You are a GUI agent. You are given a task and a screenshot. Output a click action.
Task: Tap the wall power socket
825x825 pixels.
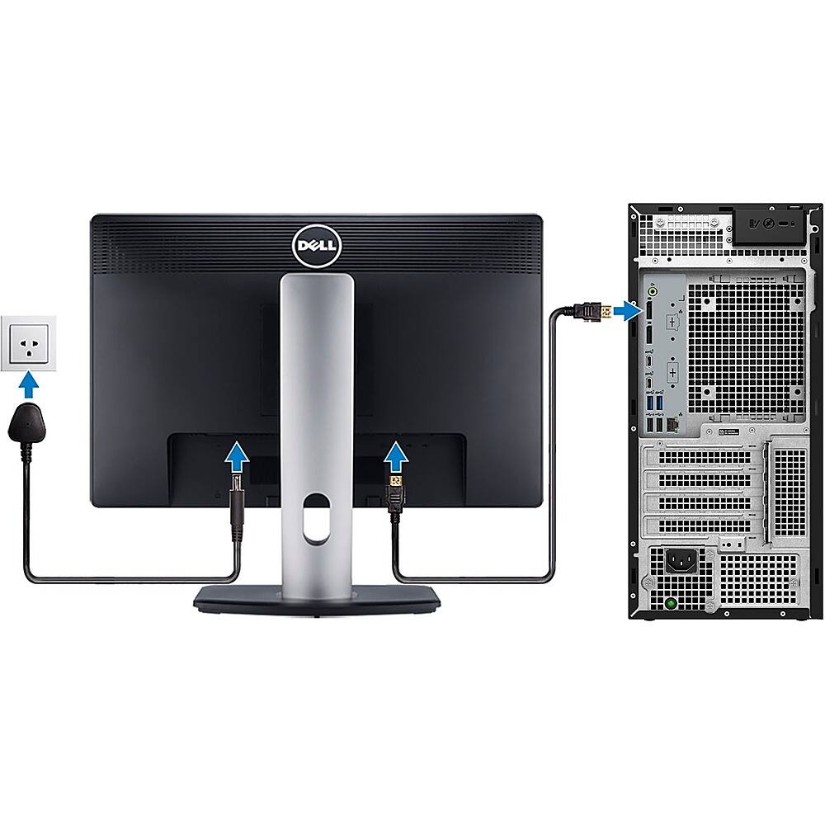pos(28,343)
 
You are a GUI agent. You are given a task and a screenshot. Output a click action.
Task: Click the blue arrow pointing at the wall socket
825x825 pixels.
pos(28,384)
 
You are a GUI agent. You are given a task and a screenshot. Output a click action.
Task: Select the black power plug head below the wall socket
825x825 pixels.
pos(27,423)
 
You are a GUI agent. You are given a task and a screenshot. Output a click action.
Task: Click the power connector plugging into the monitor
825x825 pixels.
pos(237,507)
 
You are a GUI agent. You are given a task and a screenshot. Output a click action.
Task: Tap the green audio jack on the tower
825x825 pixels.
pos(653,290)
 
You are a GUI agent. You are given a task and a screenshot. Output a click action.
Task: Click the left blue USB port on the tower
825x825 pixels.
pos(651,403)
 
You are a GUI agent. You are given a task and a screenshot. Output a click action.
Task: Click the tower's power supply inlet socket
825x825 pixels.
pos(682,561)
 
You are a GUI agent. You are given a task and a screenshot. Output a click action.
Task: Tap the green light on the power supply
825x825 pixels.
pos(670,604)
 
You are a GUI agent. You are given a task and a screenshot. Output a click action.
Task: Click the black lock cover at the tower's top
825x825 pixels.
pos(769,224)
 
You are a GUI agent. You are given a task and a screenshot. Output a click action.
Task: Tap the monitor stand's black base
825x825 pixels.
pos(317,599)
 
